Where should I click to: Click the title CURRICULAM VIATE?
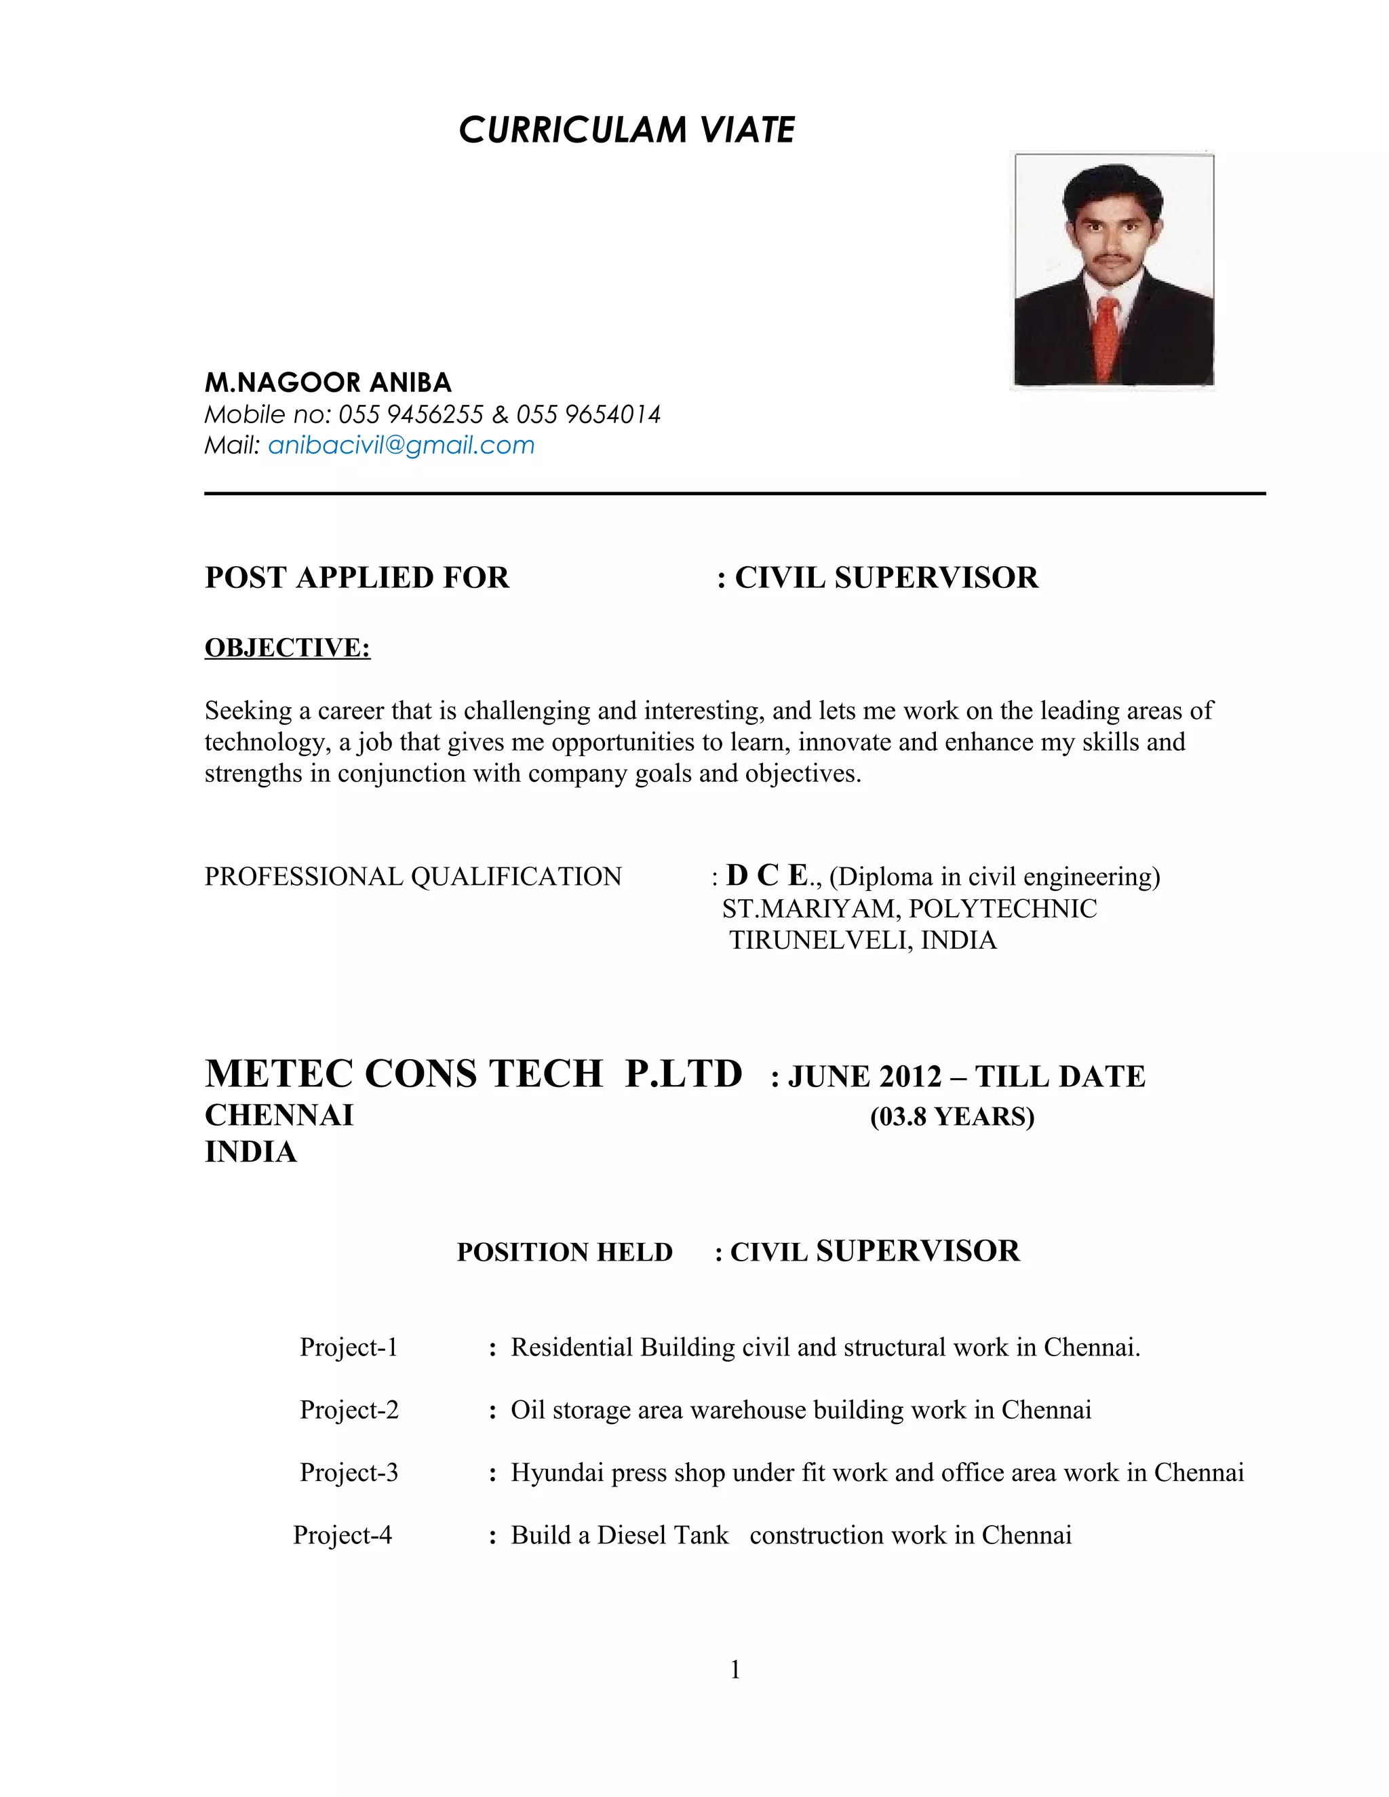click(x=626, y=130)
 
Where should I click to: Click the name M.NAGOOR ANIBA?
click(x=328, y=382)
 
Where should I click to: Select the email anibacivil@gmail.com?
click(x=401, y=446)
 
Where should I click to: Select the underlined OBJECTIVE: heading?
click(x=287, y=648)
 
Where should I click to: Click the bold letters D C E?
click(x=767, y=875)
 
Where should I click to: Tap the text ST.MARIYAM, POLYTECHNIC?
click(x=909, y=909)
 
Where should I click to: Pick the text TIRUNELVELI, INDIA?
click(x=863, y=940)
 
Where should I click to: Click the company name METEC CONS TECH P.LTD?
click(x=473, y=1073)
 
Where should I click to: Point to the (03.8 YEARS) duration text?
click(x=952, y=1117)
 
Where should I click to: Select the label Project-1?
click(x=349, y=1347)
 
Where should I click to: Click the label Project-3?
click(x=349, y=1472)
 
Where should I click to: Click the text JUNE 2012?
click(x=865, y=1076)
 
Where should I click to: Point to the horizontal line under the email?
click(x=735, y=494)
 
